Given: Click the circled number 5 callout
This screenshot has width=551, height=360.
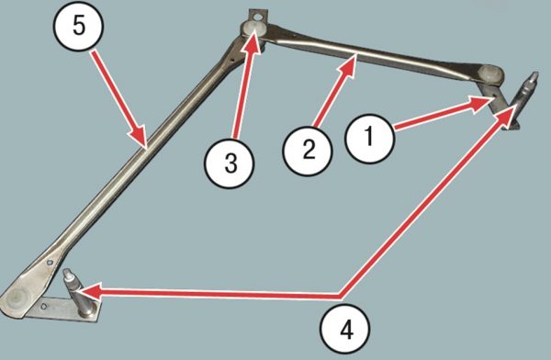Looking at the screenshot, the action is coord(78,27).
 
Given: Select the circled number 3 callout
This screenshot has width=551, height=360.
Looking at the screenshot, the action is coord(231,163).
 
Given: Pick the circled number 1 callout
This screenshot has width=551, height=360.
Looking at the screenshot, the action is coord(370,138).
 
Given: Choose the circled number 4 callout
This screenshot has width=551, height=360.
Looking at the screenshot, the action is coord(344,330).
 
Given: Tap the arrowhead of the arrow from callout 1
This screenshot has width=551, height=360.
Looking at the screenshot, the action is coord(482,104).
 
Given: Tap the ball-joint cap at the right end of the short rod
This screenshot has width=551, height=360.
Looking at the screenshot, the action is coord(490,73).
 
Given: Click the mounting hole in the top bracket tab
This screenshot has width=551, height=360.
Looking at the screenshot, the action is coord(258,17).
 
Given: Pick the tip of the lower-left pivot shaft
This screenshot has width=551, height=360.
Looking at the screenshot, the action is coord(67,273).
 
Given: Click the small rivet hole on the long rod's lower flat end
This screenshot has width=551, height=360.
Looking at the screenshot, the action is coord(51,262).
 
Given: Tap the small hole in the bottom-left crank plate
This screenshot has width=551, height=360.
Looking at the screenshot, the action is coord(43,307).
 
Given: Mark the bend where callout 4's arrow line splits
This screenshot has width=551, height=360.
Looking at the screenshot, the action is coord(342,296).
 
